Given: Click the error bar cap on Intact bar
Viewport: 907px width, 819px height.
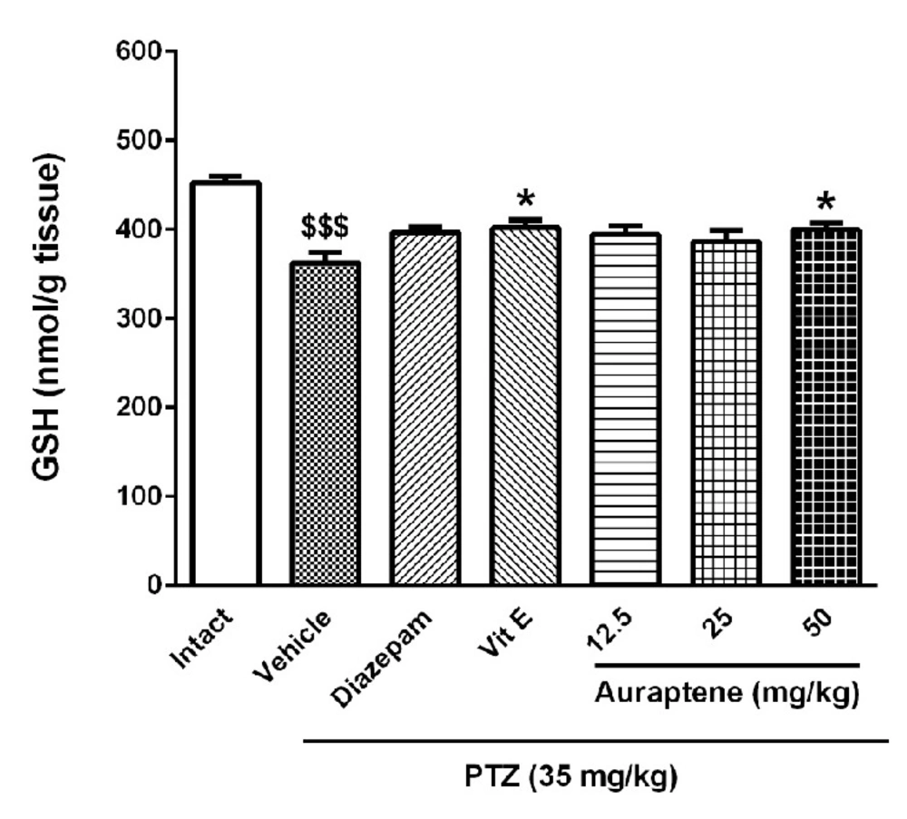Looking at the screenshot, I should tap(226, 175).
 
